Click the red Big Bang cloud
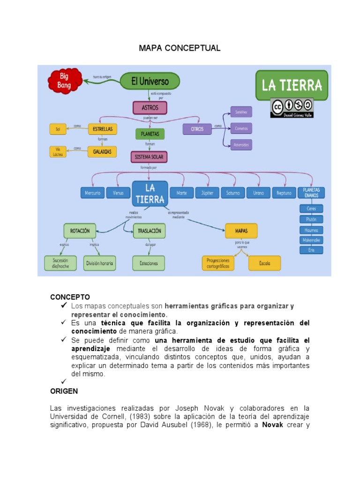[x=65, y=81]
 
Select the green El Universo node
[x=150, y=81]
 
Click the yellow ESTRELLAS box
[x=102, y=128]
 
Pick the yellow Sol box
[x=58, y=128]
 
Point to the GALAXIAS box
[x=102, y=151]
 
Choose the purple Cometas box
[x=241, y=128]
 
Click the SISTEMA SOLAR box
[x=149, y=157]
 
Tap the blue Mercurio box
[x=93, y=193]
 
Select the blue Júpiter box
[x=207, y=193]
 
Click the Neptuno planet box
[x=284, y=193]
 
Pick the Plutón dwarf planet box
[x=311, y=218]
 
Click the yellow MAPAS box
[x=242, y=231]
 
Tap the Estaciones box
[x=149, y=263]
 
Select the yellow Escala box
[x=265, y=263]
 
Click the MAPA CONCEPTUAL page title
[x=180, y=48]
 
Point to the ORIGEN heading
[x=64, y=391]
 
